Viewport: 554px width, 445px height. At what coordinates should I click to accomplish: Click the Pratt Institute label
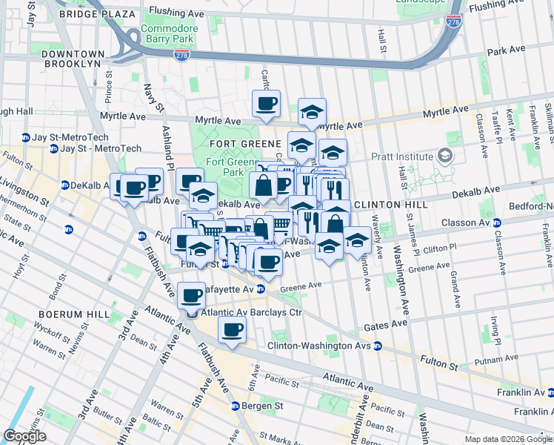403,156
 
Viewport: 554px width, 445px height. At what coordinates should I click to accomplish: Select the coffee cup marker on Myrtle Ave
266,104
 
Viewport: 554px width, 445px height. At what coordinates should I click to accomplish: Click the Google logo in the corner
25,436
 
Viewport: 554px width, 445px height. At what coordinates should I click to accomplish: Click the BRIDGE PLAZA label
99,14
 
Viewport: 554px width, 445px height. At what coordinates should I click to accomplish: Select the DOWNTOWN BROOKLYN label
72,59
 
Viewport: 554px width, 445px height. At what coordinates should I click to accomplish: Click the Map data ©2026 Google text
508,439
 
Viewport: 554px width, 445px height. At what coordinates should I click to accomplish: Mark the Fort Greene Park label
224,168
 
